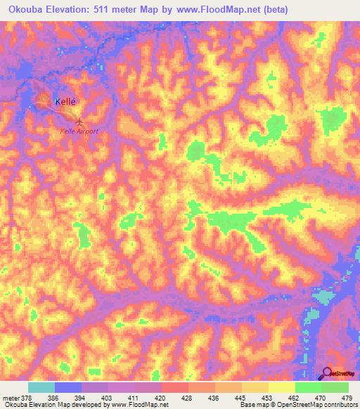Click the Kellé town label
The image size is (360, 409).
coord(65,100)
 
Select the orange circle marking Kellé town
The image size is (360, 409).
coord(44,101)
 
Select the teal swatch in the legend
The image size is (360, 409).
coord(41,387)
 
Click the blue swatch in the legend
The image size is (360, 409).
coord(68,387)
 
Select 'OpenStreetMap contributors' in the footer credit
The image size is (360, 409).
coord(317,405)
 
